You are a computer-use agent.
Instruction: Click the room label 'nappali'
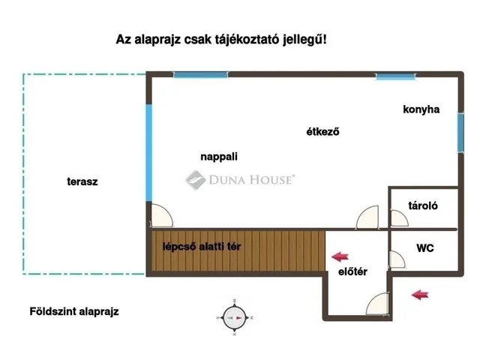(219, 157)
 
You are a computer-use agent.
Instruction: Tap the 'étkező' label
(323, 133)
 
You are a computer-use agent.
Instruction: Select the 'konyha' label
(421, 109)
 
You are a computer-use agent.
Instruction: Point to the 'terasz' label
(82, 181)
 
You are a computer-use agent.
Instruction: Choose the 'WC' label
(424, 247)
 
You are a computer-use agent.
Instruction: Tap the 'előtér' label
(352, 271)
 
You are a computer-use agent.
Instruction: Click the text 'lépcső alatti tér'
(202, 247)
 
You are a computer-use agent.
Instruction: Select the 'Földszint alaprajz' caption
(74, 310)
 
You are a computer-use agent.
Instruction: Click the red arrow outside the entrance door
(421, 295)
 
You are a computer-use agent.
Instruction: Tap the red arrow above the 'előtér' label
(341, 255)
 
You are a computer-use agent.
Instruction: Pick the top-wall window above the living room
(195, 74)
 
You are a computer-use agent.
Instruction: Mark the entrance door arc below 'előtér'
(377, 303)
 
